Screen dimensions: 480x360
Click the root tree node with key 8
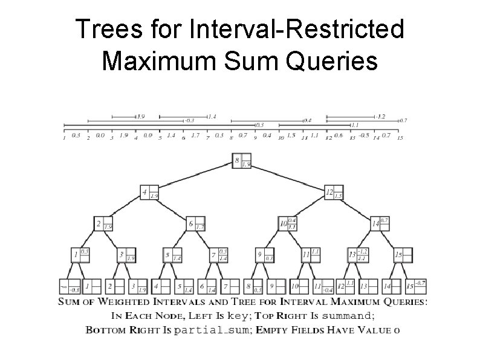(x=242, y=162)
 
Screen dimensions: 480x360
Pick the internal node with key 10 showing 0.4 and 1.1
(x=288, y=224)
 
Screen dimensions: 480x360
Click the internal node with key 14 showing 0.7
(x=380, y=224)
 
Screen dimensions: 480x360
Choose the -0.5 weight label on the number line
(x=363, y=136)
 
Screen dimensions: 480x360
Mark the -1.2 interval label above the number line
(x=380, y=116)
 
